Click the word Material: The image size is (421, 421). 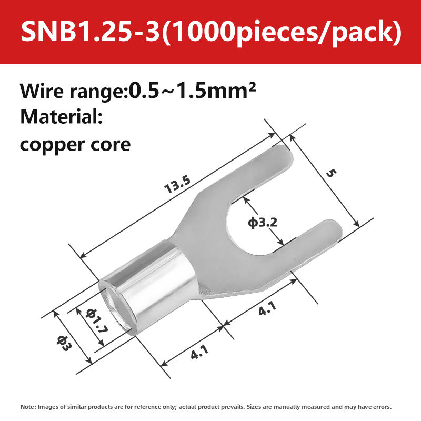pos(61,116)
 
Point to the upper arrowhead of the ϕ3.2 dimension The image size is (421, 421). pos(246,199)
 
